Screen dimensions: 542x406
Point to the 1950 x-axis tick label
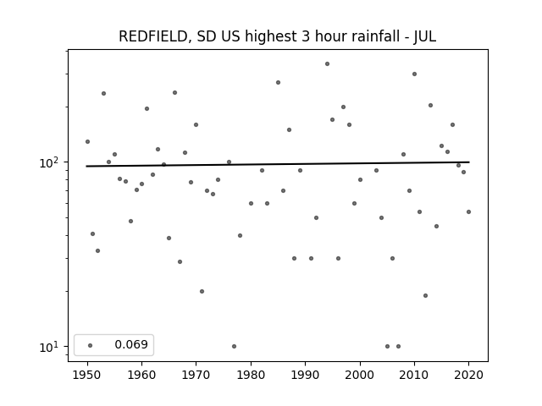tap(87, 375)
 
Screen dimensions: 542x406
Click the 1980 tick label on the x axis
tap(251, 375)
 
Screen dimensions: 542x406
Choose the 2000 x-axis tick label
tap(360, 375)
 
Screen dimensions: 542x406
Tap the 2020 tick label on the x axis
tap(468, 375)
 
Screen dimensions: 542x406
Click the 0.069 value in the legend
tap(131, 344)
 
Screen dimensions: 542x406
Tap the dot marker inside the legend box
tap(91, 345)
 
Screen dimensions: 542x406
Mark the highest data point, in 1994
tap(328, 64)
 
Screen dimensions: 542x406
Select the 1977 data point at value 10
tap(234, 346)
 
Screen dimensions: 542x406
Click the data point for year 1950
tap(87, 141)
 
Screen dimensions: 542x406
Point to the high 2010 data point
tap(414, 74)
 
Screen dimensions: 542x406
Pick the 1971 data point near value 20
tap(202, 291)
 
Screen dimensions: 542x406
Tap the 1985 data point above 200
tap(278, 83)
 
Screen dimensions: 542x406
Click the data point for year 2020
tap(468, 211)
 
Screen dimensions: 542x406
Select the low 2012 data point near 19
tap(425, 295)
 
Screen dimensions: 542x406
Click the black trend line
tap(278, 164)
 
